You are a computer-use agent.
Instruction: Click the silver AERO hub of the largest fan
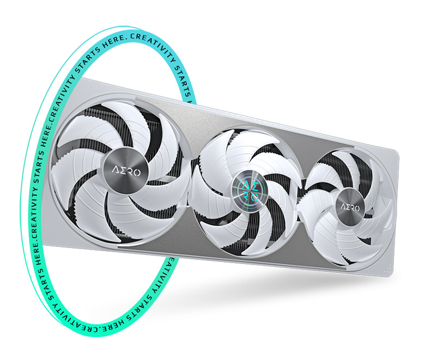[x=126, y=172]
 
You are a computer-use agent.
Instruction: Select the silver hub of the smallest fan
[x=350, y=207]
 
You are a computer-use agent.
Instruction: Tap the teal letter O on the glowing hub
[x=254, y=197]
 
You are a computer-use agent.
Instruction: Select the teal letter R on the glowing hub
[x=246, y=196]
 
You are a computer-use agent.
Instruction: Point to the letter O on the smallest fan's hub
[x=356, y=209]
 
